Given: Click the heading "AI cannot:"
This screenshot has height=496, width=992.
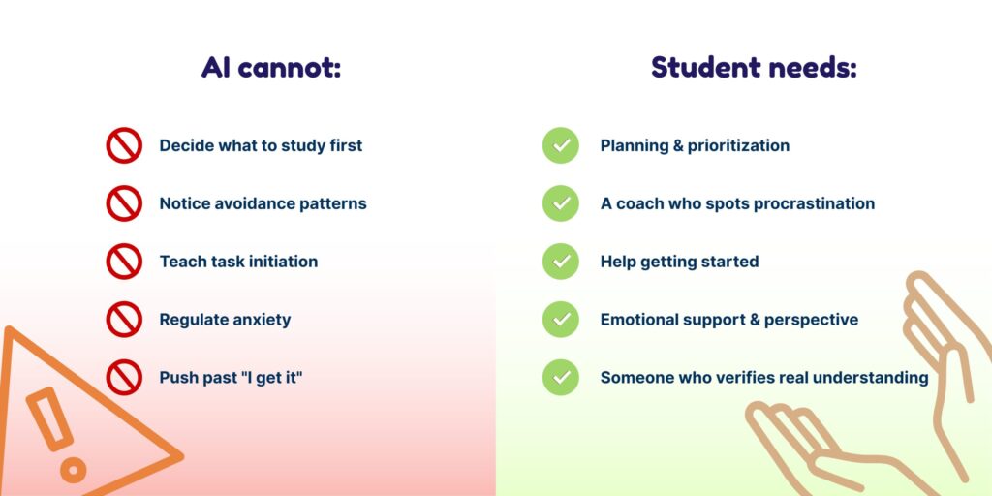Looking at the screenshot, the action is (271, 67).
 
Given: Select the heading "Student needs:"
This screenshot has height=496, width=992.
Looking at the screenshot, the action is (754, 67).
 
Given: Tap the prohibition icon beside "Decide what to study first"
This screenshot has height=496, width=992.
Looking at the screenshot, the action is (124, 145).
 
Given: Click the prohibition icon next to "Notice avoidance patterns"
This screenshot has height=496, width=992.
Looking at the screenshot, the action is (124, 203).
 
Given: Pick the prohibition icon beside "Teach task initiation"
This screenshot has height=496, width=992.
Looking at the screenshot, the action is (124, 262).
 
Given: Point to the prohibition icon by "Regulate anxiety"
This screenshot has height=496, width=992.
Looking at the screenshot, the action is (124, 320).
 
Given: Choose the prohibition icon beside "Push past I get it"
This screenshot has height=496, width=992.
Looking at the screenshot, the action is (124, 378).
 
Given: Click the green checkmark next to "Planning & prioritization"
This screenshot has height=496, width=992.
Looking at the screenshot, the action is (561, 145).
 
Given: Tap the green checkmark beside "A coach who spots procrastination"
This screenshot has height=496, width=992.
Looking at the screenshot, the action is (561, 203).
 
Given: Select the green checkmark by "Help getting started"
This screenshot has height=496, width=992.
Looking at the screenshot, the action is (561, 262).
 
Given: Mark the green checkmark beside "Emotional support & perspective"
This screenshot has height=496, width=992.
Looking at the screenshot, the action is (561, 320).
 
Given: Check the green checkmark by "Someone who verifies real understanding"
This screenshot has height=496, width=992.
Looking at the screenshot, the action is (561, 378).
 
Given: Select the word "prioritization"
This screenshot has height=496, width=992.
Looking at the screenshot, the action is (738, 146).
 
